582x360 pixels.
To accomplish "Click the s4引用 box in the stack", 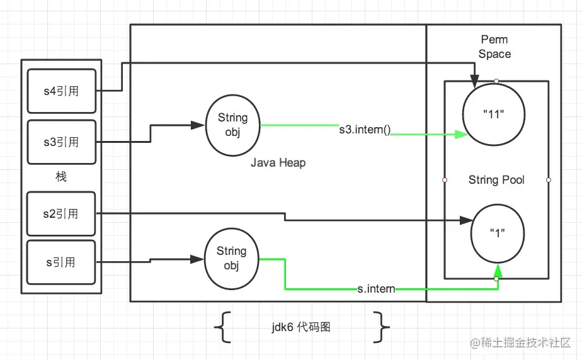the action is [62, 91].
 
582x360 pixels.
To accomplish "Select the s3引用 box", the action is [62, 142].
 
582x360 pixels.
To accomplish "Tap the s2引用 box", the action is [61, 213].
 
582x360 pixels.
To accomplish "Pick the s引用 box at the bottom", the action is [61, 262].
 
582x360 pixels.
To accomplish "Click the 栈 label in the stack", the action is [61, 176].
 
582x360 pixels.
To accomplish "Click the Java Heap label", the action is [278, 162].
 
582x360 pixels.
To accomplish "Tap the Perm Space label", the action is [494, 47].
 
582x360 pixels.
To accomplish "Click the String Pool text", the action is [496, 180].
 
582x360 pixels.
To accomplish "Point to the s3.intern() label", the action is [365, 130].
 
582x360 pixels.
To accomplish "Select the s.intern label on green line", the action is [376, 289].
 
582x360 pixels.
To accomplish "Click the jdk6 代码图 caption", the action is [301, 327].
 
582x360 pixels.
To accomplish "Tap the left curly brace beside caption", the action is [223, 327].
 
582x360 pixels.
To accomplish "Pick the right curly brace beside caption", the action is [382, 327].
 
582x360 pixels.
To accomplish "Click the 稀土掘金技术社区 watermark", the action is [520, 342].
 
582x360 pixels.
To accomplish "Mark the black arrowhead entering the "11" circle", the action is [474, 81].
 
